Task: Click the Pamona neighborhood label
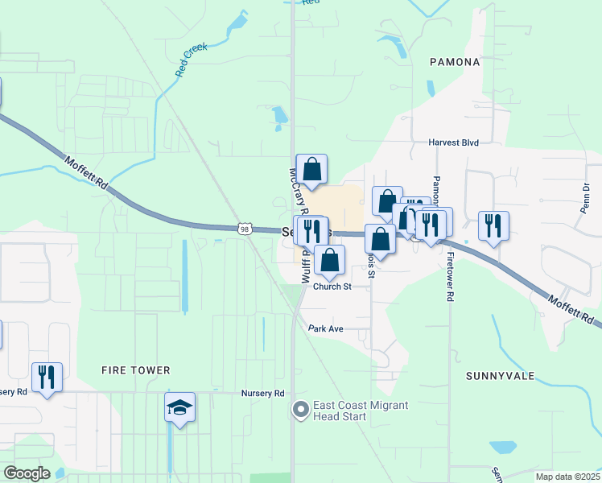[455, 61]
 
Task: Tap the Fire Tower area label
[136, 370]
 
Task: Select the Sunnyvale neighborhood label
[495, 376]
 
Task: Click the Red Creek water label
[192, 60]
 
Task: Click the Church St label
[332, 287]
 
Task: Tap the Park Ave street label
[326, 328]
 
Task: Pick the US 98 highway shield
[245, 229]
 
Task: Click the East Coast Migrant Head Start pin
[301, 411]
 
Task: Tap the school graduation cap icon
[180, 408]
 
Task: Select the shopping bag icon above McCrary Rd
[312, 169]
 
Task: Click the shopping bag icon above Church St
[328, 260]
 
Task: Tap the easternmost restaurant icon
[493, 225]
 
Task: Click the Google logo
[26, 473]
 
